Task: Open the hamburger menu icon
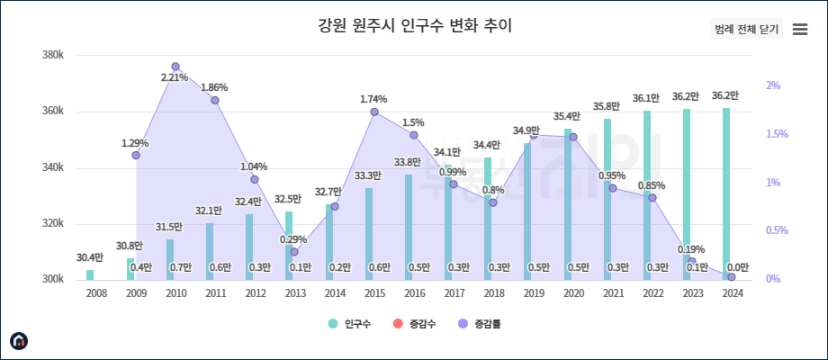(799, 29)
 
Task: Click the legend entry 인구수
(351, 323)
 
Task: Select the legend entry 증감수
(416, 323)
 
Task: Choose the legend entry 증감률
(481, 323)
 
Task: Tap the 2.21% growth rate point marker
(175, 67)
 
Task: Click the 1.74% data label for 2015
(373, 99)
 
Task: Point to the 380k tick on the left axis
(53, 56)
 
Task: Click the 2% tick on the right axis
(772, 85)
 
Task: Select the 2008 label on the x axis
(96, 292)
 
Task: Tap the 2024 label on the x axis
(733, 292)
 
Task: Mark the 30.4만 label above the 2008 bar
(90, 257)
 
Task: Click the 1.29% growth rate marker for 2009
(136, 155)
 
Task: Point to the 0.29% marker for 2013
(294, 251)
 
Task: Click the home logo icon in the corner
(19, 340)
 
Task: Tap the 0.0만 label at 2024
(737, 267)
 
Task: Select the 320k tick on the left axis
(53, 224)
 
